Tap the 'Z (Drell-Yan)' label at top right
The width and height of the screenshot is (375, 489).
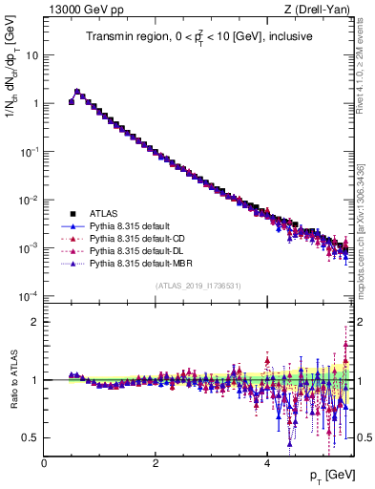click(x=320, y=10)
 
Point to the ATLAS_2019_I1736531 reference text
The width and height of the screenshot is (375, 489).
click(x=198, y=286)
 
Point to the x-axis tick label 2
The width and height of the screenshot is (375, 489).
click(x=156, y=463)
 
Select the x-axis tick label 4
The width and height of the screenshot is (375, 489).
click(x=266, y=463)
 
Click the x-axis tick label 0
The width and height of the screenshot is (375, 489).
click(x=44, y=463)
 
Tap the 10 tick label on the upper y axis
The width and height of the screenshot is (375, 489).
click(x=31, y=54)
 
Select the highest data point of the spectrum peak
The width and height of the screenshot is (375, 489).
click(x=77, y=92)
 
